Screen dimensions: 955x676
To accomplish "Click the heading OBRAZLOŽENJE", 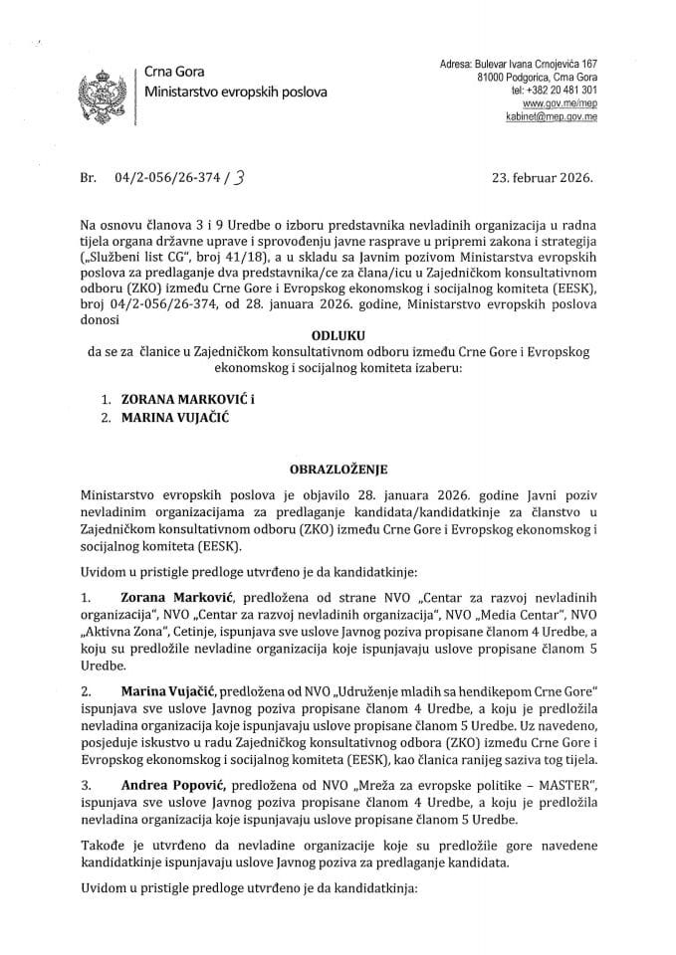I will tap(338, 468).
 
